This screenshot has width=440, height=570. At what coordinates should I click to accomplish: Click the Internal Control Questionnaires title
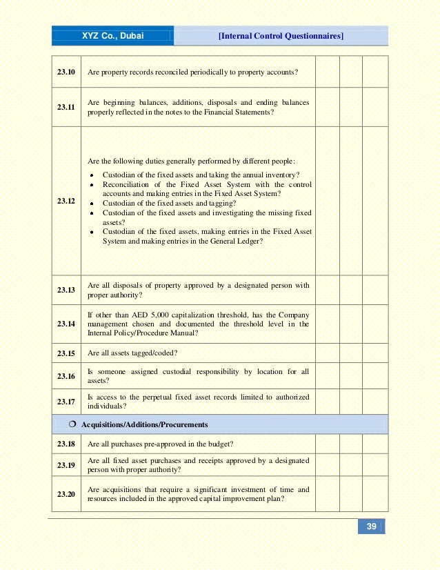click(x=281, y=36)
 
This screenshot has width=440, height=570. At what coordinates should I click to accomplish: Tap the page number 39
click(x=371, y=527)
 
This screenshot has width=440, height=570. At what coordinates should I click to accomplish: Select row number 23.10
click(x=66, y=72)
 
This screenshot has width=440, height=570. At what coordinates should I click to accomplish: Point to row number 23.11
click(x=66, y=108)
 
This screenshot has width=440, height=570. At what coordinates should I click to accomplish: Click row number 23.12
click(x=66, y=202)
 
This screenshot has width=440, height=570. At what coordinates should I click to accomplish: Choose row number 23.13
click(x=66, y=290)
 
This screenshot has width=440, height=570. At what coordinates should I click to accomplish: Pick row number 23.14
click(x=66, y=324)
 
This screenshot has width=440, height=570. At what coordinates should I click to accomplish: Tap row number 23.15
click(x=66, y=353)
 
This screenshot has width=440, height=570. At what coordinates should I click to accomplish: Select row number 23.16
click(x=66, y=376)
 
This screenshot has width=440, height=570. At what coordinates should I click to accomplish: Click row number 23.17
click(x=66, y=402)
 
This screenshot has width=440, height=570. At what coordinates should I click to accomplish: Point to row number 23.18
click(x=66, y=444)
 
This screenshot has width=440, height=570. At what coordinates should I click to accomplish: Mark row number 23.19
click(x=66, y=465)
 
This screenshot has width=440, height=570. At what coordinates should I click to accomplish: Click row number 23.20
click(x=66, y=494)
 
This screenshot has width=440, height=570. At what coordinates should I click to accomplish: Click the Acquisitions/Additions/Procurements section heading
click(x=145, y=424)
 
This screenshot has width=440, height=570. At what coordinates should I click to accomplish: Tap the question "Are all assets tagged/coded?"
click(x=132, y=353)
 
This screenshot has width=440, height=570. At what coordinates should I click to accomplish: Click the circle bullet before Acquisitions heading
click(x=72, y=424)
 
